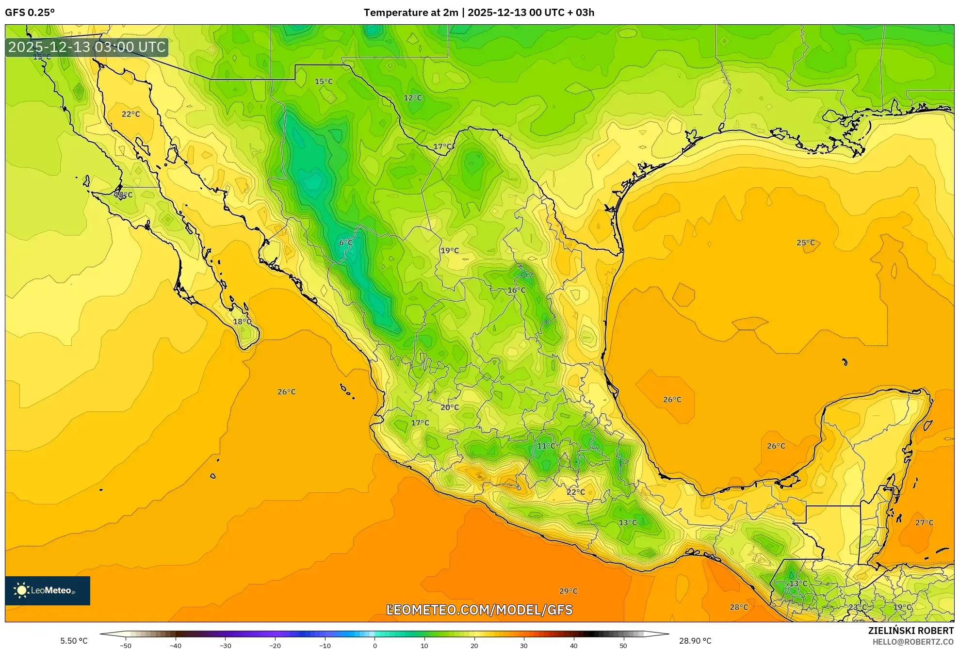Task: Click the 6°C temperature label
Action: click(346, 243)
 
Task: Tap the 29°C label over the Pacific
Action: click(568, 591)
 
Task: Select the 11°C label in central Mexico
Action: click(546, 446)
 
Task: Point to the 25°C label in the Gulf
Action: click(806, 243)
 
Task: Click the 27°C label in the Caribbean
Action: click(924, 522)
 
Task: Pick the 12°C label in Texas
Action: click(413, 97)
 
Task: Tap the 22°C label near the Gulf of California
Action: click(130, 114)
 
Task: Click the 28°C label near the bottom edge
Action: click(739, 607)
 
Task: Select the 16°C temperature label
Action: click(516, 290)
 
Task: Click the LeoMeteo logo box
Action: click(48, 590)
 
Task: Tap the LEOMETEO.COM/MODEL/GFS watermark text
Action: click(479, 610)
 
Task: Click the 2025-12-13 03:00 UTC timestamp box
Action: click(87, 47)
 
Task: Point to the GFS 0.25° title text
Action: click(30, 13)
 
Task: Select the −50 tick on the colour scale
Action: click(126, 646)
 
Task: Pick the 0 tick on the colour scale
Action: click(374, 646)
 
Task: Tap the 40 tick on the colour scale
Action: click(573, 646)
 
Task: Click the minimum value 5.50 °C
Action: click(74, 641)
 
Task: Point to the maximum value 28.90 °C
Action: click(695, 641)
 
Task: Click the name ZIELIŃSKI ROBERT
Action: click(910, 631)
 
